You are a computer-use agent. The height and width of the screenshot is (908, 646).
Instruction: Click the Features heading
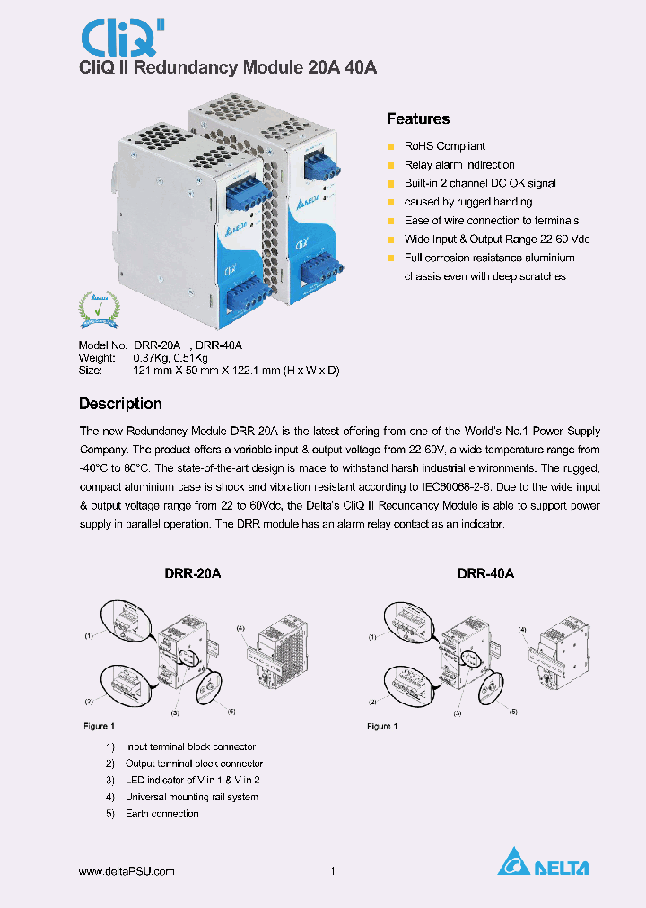point(417,119)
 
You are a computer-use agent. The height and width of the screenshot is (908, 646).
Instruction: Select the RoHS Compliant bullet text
point(444,146)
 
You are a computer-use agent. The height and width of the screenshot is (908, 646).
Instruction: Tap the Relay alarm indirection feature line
point(458,165)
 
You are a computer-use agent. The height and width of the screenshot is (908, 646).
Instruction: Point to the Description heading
point(120,404)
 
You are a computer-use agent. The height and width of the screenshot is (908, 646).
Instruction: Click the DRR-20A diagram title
point(193,573)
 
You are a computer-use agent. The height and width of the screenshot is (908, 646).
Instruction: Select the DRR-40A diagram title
point(485,573)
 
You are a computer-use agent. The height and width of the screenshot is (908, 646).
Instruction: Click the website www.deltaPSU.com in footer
point(127,871)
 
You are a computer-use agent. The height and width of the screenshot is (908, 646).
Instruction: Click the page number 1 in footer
point(333,871)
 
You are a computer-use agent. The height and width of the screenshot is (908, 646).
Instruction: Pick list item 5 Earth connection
point(161,814)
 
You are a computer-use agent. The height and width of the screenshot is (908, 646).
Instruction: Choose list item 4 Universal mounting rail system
point(191,797)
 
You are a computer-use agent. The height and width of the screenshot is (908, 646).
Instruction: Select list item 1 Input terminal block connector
point(189,746)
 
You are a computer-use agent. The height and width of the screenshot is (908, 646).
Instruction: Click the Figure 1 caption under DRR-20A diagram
point(99,726)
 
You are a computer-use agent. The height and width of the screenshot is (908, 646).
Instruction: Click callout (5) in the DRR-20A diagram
point(231,712)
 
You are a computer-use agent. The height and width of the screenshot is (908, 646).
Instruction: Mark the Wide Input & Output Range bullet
point(496,240)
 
